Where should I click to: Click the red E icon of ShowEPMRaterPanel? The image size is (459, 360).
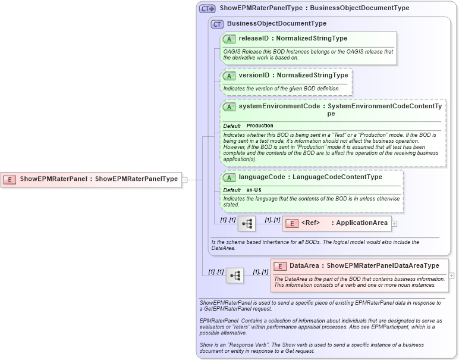pyautogui.click(x=10, y=179)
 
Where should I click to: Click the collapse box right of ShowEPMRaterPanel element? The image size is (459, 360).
pyautogui.click(x=185, y=179)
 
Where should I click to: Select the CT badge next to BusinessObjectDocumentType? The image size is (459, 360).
pyautogui.click(x=217, y=24)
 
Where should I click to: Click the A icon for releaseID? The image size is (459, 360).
pyautogui.click(x=229, y=39)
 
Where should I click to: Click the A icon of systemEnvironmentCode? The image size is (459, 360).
pyautogui.click(x=229, y=107)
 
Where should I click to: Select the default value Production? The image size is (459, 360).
pyautogui.click(x=260, y=126)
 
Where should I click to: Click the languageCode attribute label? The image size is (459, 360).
pyautogui.click(x=260, y=177)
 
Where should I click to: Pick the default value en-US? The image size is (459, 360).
pyautogui.click(x=254, y=190)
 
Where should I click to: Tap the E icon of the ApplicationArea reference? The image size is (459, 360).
pyautogui.click(x=292, y=224)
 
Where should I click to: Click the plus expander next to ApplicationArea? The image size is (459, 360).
pyautogui.click(x=395, y=224)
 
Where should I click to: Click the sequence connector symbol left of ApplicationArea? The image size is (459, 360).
pyautogui.click(x=247, y=224)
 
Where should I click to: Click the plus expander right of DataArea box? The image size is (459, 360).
pyautogui.click(x=452, y=276)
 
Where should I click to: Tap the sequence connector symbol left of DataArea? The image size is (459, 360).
pyautogui.click(x=235, y=276)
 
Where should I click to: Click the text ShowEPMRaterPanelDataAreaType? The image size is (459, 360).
pyautogui.click(x=383, y=265)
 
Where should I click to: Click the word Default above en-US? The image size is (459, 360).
pyautogui.click(x=232, y=190)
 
